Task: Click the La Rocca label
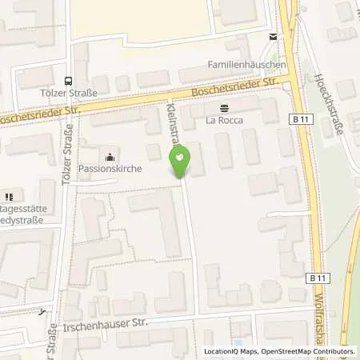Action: (224, 122)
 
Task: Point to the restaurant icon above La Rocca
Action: (224, 107)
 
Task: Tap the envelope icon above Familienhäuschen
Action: (274, 37)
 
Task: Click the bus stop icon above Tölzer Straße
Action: (69, 80)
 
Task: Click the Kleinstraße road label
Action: (172, 124)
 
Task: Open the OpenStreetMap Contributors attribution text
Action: (308, 351)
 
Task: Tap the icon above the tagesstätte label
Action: (10, 197)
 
